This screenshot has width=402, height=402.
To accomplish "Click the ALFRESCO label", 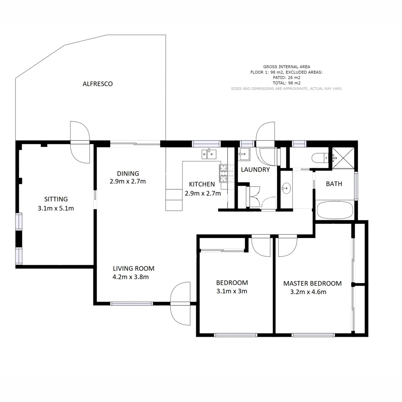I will [x=98, y=84].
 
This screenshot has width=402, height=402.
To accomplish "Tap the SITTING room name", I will [x=56, y=199].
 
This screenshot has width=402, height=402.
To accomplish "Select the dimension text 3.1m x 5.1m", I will [x=56, y=208].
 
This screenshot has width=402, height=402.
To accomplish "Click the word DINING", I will [x=128, y=173].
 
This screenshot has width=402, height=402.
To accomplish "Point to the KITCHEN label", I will [x=202, y=184].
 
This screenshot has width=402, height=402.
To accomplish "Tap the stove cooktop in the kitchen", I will [x=224, y=174].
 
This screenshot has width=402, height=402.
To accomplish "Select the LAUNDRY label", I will [x=255, y=170].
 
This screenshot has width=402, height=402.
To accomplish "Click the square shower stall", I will [x=343, y=158].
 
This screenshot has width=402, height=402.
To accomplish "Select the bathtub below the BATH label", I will [x=335, y=211].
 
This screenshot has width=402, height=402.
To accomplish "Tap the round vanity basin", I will [x=286, y=188].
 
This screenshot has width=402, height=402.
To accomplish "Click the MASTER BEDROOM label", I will [x=312, y=283].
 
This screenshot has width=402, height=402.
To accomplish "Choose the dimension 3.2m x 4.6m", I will [x=308, y=292].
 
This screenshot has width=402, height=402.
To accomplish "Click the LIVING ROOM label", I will [x=134, y=268].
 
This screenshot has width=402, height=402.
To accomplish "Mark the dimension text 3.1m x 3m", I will [x=232, y=291].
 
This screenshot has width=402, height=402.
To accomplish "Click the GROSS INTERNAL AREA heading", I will [x=286, y=67].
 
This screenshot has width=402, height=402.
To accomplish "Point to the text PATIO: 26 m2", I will [x=286, y=78].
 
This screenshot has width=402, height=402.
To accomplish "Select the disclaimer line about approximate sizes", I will [x=286, y=89].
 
